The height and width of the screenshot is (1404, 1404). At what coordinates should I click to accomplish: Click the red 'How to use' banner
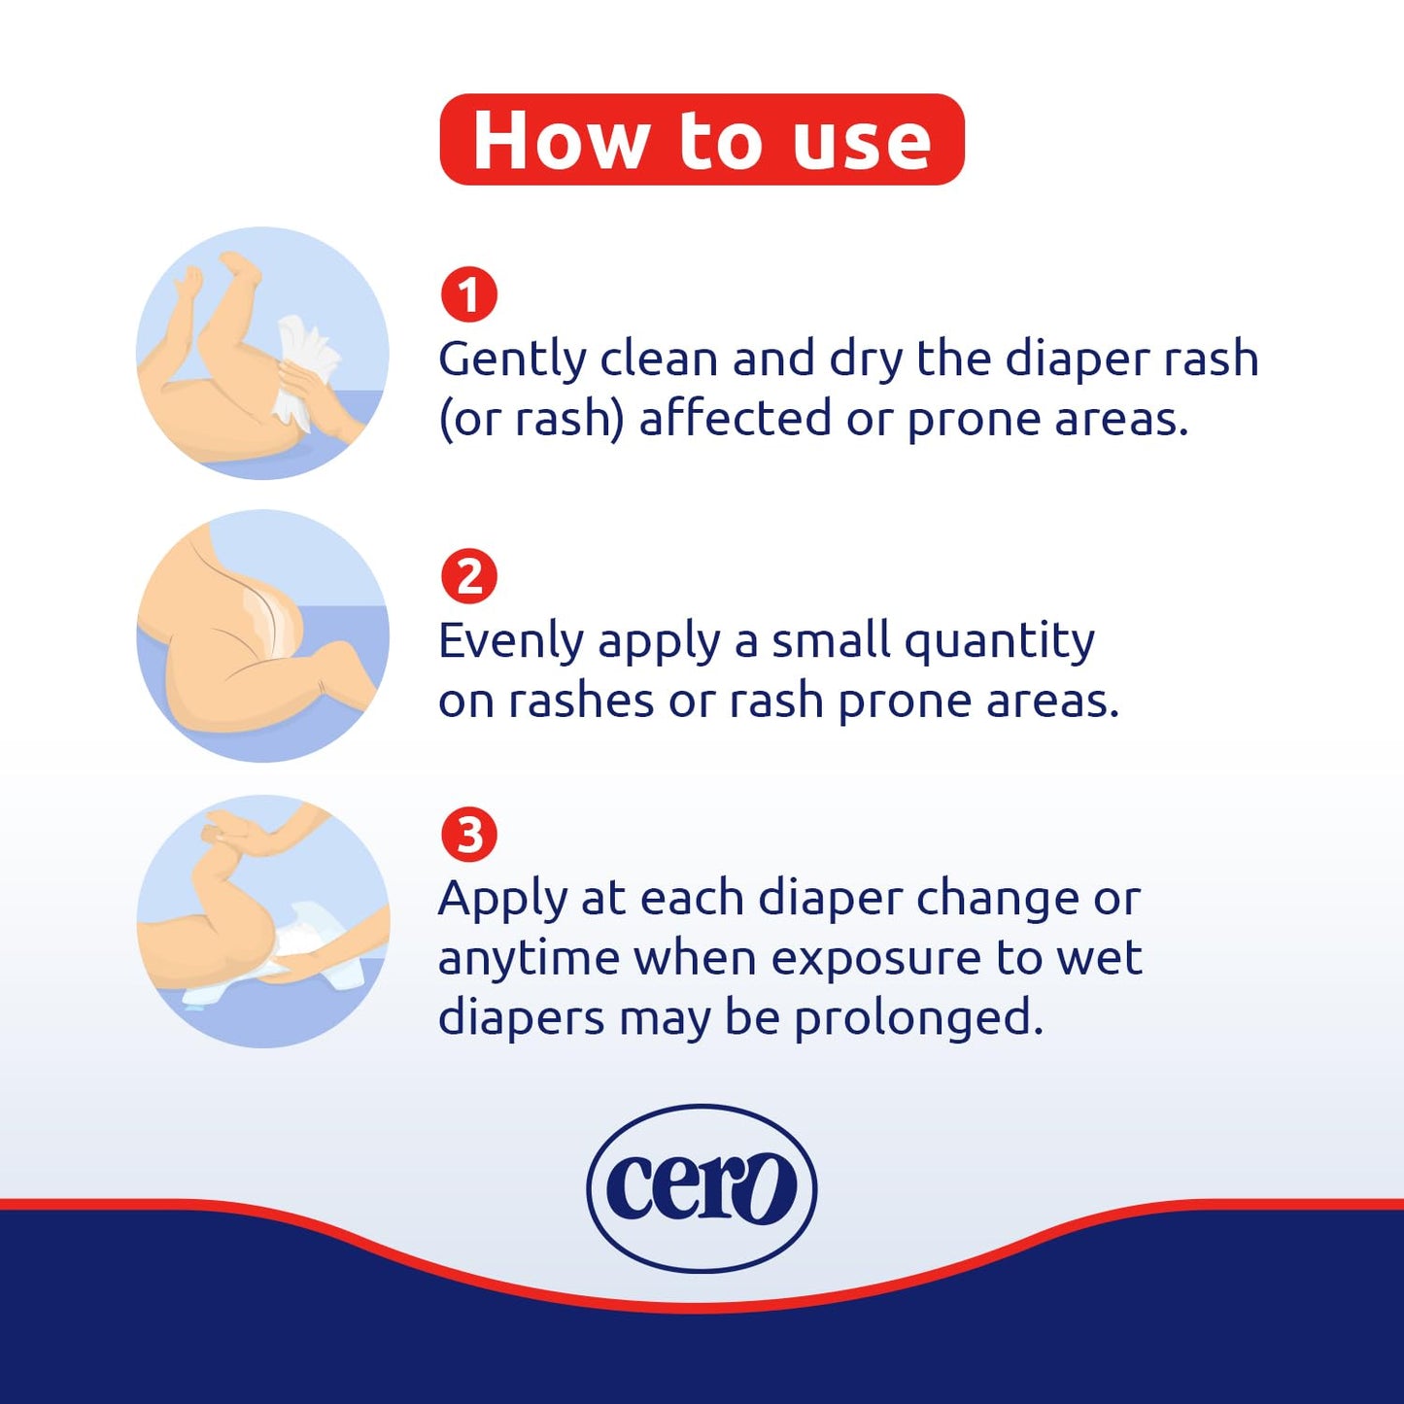(702, 140)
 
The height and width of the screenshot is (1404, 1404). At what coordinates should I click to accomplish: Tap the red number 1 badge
(468, 294)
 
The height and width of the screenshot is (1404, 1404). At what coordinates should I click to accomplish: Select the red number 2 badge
(468, 577)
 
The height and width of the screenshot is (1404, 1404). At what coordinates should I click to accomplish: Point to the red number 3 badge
(468, 835)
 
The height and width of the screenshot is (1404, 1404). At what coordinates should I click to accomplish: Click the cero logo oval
(702, 1187)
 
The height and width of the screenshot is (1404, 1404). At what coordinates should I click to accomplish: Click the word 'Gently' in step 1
(512, 360)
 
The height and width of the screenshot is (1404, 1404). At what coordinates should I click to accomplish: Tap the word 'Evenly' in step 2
(511, 642)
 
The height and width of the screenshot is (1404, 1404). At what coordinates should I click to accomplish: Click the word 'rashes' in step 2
(581, 701)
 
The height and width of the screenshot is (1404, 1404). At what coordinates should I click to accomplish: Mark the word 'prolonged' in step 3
(917, 1018)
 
